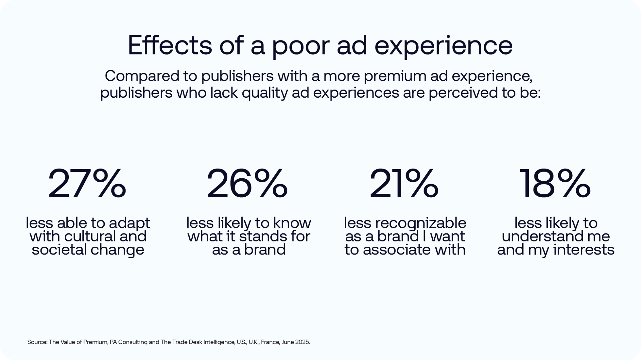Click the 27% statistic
tap(87, 184)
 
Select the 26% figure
tap(247, 184)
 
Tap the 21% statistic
tap(404, 184)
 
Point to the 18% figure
tap(555, 184)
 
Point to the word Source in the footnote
tap(37, 342)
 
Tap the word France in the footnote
tap(270, 342)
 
